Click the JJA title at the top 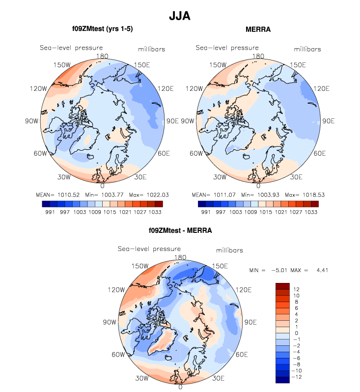(x=179, y=16)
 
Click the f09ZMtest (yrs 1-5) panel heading (x=102, y=29)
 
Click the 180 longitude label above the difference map (x=180, y=257)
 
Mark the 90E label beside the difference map (x=251, y=322)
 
